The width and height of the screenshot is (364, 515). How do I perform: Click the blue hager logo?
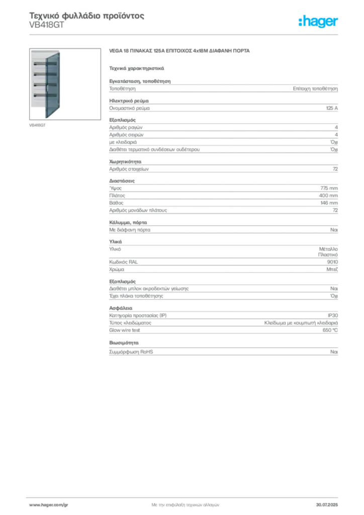(x=319, y=22)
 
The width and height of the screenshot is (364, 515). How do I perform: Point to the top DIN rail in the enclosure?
(x=40, y=64)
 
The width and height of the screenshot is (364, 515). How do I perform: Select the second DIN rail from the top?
(x=40, y=74)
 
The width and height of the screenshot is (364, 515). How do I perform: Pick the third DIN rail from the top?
(x=40, y=84)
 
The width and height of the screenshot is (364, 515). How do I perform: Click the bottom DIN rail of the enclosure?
(x=40, y=95)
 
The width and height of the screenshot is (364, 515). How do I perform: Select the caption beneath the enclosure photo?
(x=38, y=125)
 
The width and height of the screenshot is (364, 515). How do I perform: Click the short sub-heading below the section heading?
(x=137, y=67)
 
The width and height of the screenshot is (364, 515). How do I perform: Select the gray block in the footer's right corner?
(x=330, y=503)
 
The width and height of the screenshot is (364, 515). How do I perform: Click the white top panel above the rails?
(x=38, y=55)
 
